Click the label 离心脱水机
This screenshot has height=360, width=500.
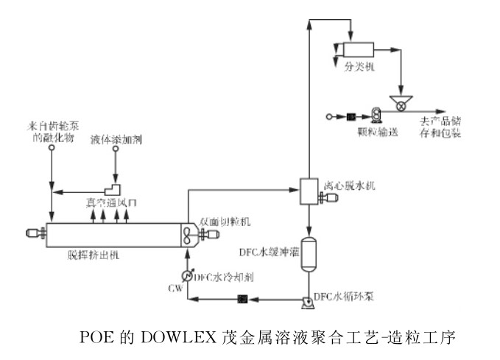coord(350,186)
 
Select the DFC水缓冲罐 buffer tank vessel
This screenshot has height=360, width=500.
coord(309,252)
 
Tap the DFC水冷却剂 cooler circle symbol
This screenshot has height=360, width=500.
coord(186,275)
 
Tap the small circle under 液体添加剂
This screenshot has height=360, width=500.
coord(115,149)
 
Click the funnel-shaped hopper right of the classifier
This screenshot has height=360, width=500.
coord(401,99)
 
